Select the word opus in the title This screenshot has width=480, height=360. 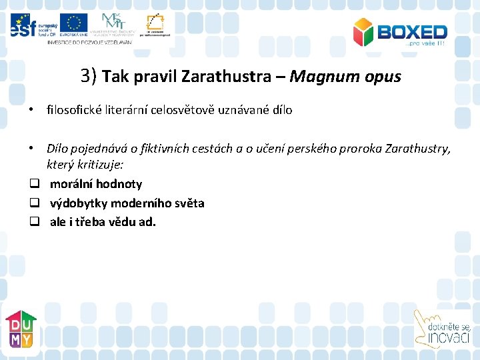(382, 77)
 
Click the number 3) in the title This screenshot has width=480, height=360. (89, 76)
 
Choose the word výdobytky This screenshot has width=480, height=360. (78, 203)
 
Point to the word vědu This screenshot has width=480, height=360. (120, 221)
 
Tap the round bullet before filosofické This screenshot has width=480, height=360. (31, 110)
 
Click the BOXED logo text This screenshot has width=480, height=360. (411, 31)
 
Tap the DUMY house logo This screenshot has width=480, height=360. (21, 329)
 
